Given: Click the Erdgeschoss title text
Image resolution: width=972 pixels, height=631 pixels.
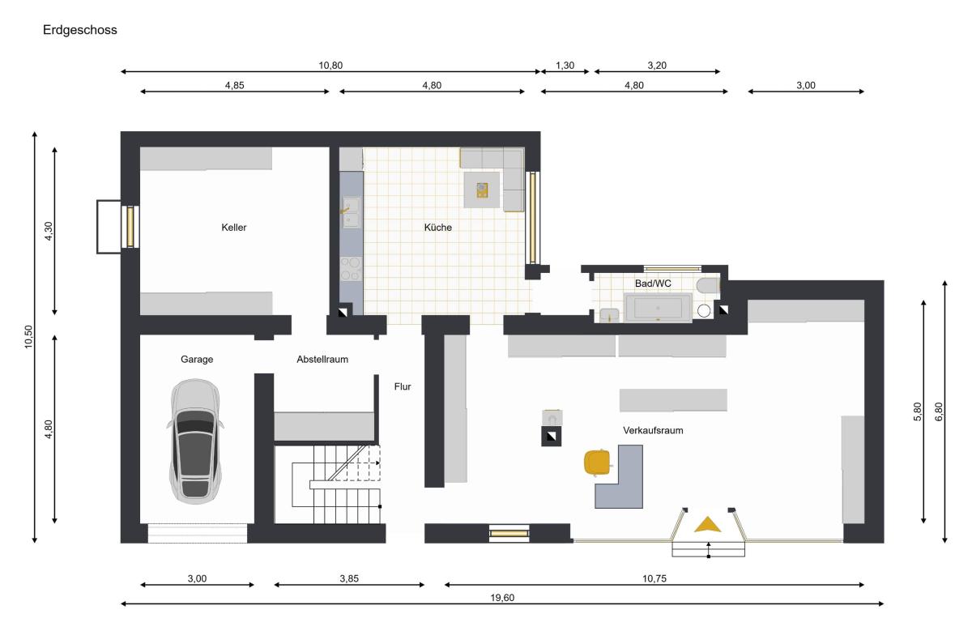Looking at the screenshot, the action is click(80, 30).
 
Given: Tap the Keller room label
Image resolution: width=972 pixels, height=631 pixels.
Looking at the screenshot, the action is click(234, 228).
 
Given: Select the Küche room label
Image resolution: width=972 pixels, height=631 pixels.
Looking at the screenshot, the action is click(438, 228).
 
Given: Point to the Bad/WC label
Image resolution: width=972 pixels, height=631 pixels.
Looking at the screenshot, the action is click(653, 284).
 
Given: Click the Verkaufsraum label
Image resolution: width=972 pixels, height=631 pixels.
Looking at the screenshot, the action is click(653, 430).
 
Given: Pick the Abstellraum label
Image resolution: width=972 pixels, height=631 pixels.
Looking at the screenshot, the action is click(322, 360).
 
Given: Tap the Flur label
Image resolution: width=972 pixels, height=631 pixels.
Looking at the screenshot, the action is click(403, 386).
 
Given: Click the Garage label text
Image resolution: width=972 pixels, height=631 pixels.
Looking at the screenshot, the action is click(197, 360).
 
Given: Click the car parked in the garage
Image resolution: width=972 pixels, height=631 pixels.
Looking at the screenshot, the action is click(195, 441).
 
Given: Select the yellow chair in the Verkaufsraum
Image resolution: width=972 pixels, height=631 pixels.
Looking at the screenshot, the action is click(597, 463).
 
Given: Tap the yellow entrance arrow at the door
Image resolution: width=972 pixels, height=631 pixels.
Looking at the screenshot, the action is click(707, 525).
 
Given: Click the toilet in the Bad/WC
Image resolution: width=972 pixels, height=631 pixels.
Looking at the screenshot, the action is click(708, 286).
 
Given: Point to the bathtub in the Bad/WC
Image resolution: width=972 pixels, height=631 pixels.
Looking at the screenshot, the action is click(658, 308).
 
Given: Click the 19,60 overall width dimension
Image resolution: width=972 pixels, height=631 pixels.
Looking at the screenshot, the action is click(502, 598).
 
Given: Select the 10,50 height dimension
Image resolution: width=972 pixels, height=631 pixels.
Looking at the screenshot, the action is click(28, 337).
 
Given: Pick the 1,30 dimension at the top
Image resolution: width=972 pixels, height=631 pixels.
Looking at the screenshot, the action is click(565, 66).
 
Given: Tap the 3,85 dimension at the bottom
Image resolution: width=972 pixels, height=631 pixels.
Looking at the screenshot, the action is click(349, 578).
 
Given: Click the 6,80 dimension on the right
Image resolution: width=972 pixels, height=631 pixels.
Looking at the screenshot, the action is click(939, 411).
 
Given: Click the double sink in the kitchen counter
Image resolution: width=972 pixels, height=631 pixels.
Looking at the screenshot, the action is click(351, 213).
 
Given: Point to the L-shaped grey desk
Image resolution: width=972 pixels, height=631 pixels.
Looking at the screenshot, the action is click(619, 476).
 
